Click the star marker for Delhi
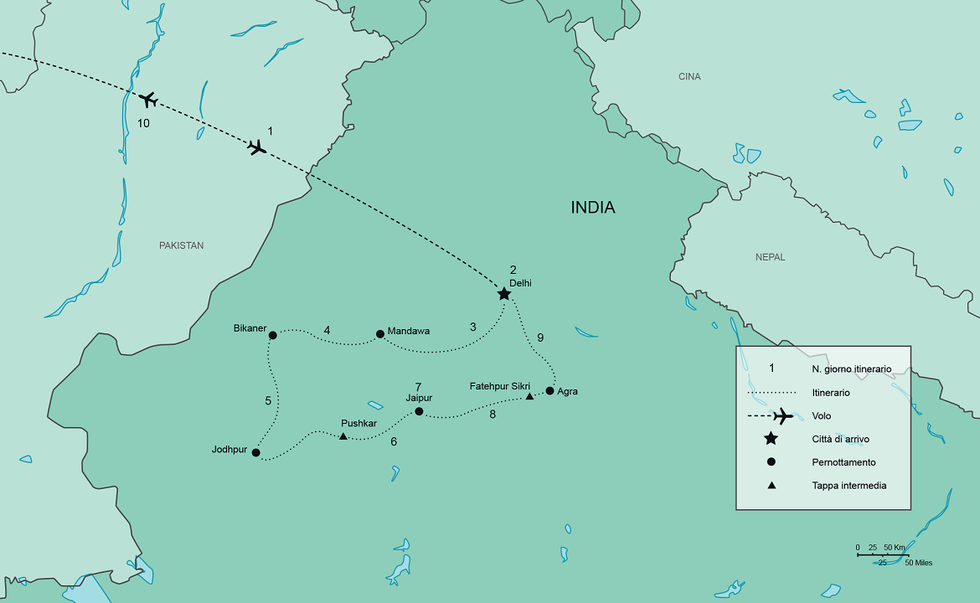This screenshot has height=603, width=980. (x=503, y=294)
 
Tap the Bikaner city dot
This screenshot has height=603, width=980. (x=272, y=336)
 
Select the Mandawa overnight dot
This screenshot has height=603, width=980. (x=380, y=333)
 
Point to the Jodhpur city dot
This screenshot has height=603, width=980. (x=255, y=453)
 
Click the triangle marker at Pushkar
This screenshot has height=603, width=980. (x=343, y=436)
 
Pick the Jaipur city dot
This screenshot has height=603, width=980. (x=419, y=411)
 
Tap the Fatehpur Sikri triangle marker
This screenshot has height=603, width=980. (x=529, y=396)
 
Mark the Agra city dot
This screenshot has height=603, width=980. (x=549, y=390)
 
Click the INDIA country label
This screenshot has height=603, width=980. (x=593, y=208)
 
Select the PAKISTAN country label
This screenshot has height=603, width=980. (x=182, y=245)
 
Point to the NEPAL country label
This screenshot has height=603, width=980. (x=770, y=257)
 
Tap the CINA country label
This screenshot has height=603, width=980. (x=689, y=77)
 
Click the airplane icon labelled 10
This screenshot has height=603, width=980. (x=148, y=100)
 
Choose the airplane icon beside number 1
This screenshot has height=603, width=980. (x=257, y=147)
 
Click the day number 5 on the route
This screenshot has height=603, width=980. (x=268, y=401)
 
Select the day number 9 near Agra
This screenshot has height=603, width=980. (x=540, y=338)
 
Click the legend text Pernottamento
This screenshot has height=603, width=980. (x=843, y=462)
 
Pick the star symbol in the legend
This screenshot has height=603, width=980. (x=771, y=439)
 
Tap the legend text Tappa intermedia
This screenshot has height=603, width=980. (x=848, y=486)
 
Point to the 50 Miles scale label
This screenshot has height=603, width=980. (x=918, y=563)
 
